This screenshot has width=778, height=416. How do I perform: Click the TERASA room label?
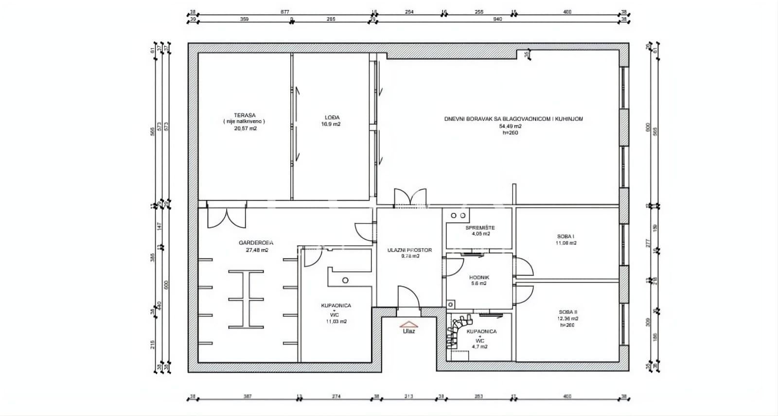[244, 116]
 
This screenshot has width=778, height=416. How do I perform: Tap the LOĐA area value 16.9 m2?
[331, 124]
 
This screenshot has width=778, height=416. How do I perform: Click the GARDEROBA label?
[256, 243]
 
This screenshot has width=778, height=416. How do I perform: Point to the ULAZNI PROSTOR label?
[409, 250]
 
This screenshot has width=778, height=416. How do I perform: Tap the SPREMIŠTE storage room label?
[480, 227]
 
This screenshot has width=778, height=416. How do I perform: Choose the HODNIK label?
[479, 277]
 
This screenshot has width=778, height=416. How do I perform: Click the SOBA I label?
[566, 237]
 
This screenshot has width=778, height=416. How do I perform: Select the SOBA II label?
[568, 312]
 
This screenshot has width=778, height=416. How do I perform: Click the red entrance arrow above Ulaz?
[409, 324]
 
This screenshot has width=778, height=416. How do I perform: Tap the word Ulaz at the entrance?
[409, 331]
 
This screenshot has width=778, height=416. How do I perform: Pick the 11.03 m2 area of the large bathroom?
[336, 321]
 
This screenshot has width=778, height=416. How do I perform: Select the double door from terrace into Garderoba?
[227, 218]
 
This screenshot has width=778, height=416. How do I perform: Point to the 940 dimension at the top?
[497, 20]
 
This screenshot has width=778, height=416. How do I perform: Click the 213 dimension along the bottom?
[408, 397]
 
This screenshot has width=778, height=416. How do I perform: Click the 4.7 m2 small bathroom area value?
[480, 347]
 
